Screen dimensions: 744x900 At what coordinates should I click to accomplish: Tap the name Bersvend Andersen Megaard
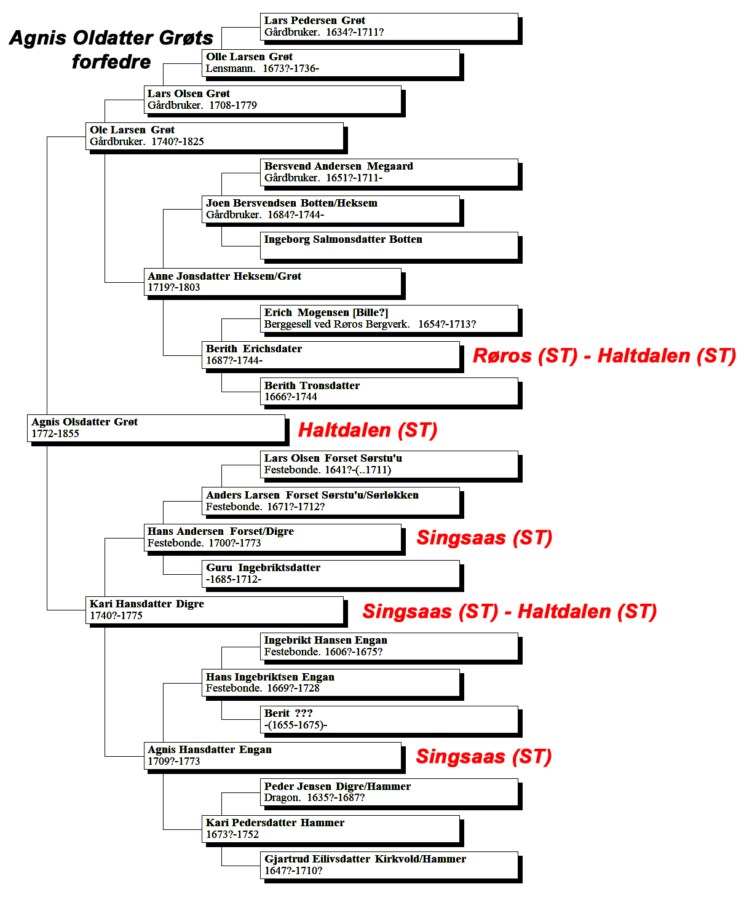coord(338,166)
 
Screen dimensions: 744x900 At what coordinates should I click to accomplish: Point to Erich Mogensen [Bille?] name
coord(326,312)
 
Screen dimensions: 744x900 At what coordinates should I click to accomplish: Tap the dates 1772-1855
coord(55,433)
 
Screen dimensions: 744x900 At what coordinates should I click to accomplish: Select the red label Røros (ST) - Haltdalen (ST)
coord(604,356)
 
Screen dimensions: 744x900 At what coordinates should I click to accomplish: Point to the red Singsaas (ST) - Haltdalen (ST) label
coord(510,612)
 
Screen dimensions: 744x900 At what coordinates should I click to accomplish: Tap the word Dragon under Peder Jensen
coord(282,798)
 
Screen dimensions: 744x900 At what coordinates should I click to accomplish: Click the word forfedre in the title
coord(111,61)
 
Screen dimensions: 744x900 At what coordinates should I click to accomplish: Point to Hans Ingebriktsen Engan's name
coord(270,677)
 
